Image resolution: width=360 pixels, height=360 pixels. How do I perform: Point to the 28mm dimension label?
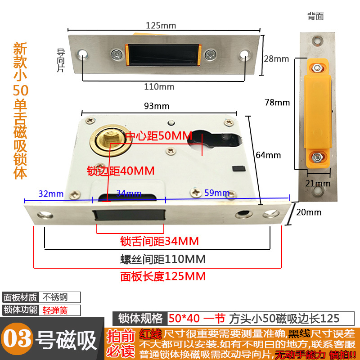point(276,59)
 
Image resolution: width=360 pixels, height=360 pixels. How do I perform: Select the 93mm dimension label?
point(156,106)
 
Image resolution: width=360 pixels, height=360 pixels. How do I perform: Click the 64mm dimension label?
point(269,155)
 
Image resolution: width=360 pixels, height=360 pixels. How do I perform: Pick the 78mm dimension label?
point(278,102)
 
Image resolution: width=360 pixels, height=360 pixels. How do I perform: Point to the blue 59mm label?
point(217,193)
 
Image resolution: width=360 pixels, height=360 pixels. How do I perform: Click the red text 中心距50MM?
point(158,135)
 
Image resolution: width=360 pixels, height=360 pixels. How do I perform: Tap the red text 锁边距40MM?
point(121,171)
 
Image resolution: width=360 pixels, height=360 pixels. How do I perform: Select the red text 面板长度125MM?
point(162,276)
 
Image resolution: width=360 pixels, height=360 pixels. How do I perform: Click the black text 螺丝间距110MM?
point(162,259)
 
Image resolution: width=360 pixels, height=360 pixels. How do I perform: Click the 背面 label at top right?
point(315,17)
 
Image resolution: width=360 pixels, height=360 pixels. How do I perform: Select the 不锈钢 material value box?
point(61,297)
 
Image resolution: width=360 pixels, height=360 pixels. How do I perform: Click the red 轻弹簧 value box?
point(61,310)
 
